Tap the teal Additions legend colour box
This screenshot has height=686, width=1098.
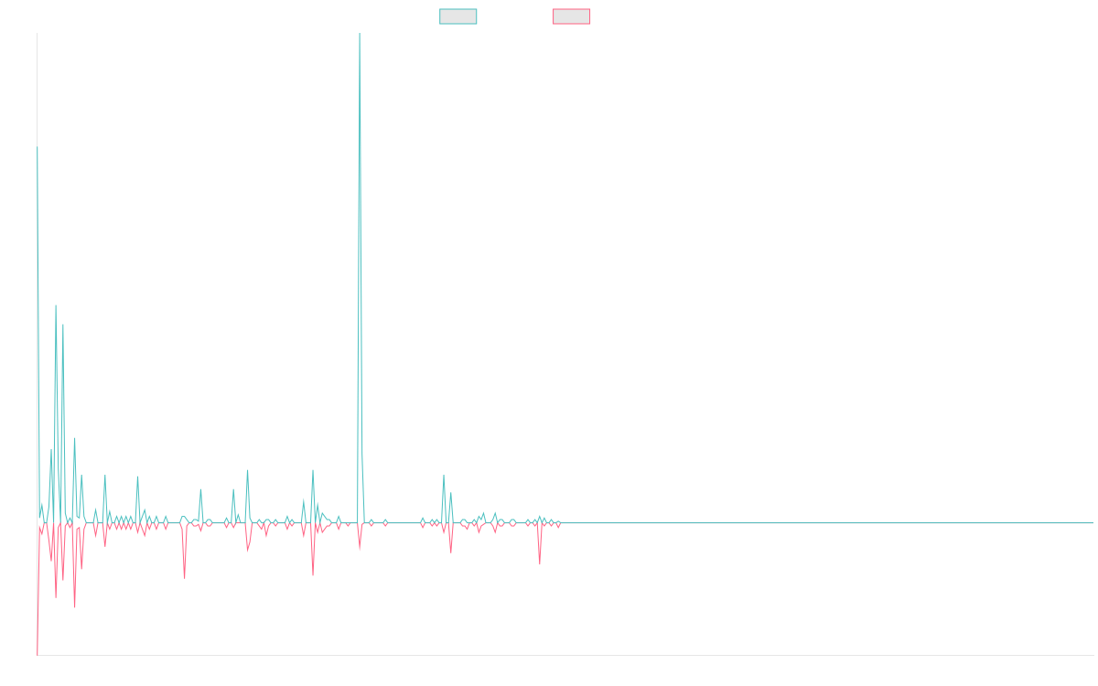tap(458, 16)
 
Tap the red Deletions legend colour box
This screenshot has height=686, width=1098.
tap(572, 16)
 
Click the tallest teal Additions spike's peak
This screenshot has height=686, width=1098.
tap(360, 35)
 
